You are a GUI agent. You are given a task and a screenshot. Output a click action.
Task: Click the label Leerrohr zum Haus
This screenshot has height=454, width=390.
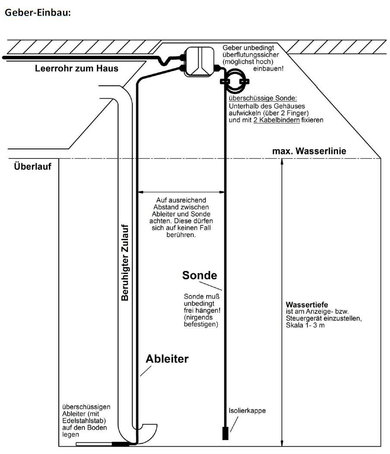coord(77,68)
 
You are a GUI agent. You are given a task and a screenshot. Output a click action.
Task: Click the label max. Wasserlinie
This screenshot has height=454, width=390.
coord(309,151)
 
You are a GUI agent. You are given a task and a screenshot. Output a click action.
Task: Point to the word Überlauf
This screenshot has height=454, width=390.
coord(33,166)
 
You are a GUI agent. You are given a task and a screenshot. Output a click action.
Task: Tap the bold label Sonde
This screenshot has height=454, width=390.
coord(199,275)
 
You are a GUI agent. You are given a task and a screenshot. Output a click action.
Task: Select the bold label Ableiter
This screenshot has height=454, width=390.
coord(167,359)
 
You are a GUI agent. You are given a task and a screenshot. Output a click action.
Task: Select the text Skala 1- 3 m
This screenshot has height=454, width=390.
coord(305,325)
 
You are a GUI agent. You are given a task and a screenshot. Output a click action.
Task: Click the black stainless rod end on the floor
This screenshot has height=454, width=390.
coord(121,443)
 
